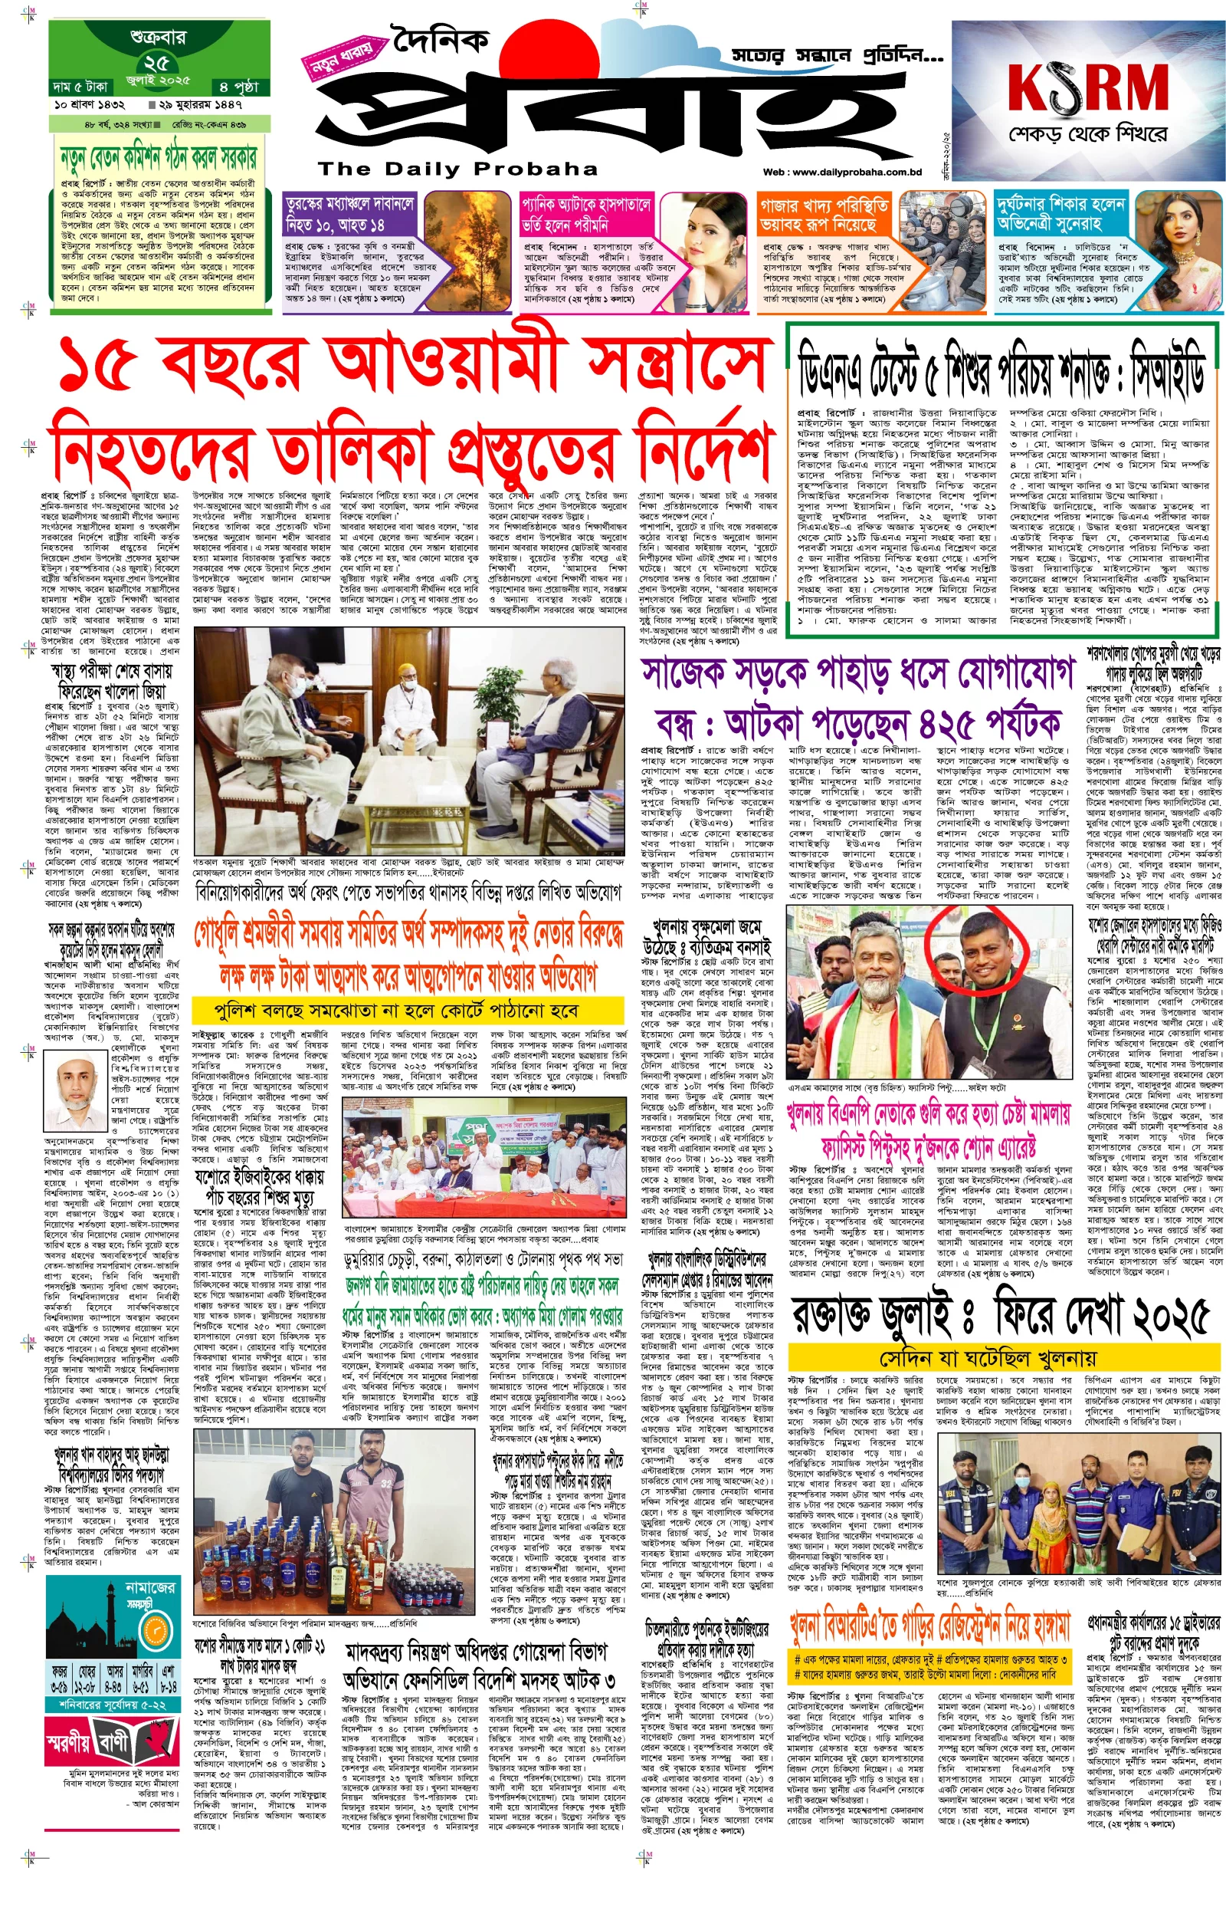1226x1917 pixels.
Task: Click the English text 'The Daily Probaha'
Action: pyautogui.click(x=457, y=169)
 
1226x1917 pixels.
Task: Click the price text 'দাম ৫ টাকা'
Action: pyautogui.click(x=80, y=86)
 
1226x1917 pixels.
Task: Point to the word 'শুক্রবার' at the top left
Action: pyautogui.click(x=157, y=38)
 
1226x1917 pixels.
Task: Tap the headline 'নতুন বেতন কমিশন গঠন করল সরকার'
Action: pyautogui.click(x=159, y=157)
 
